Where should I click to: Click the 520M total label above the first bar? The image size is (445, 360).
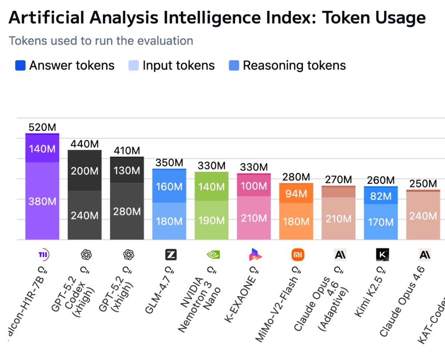42,128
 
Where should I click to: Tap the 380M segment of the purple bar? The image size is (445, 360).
42,201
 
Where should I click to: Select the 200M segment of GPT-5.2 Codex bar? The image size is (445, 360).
85,171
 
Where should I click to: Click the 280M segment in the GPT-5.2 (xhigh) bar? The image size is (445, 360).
127,211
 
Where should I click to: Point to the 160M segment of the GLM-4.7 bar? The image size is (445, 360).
169,186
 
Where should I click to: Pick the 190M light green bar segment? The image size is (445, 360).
211,220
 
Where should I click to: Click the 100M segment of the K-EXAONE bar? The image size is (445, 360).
254,186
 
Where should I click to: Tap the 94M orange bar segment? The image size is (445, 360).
296,194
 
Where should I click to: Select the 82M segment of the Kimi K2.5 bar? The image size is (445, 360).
381,196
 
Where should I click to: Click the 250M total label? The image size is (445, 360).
423,184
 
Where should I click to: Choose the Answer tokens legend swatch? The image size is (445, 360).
20,66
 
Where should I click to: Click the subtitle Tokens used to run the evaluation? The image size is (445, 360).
101,41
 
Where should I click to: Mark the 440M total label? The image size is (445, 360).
85,144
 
